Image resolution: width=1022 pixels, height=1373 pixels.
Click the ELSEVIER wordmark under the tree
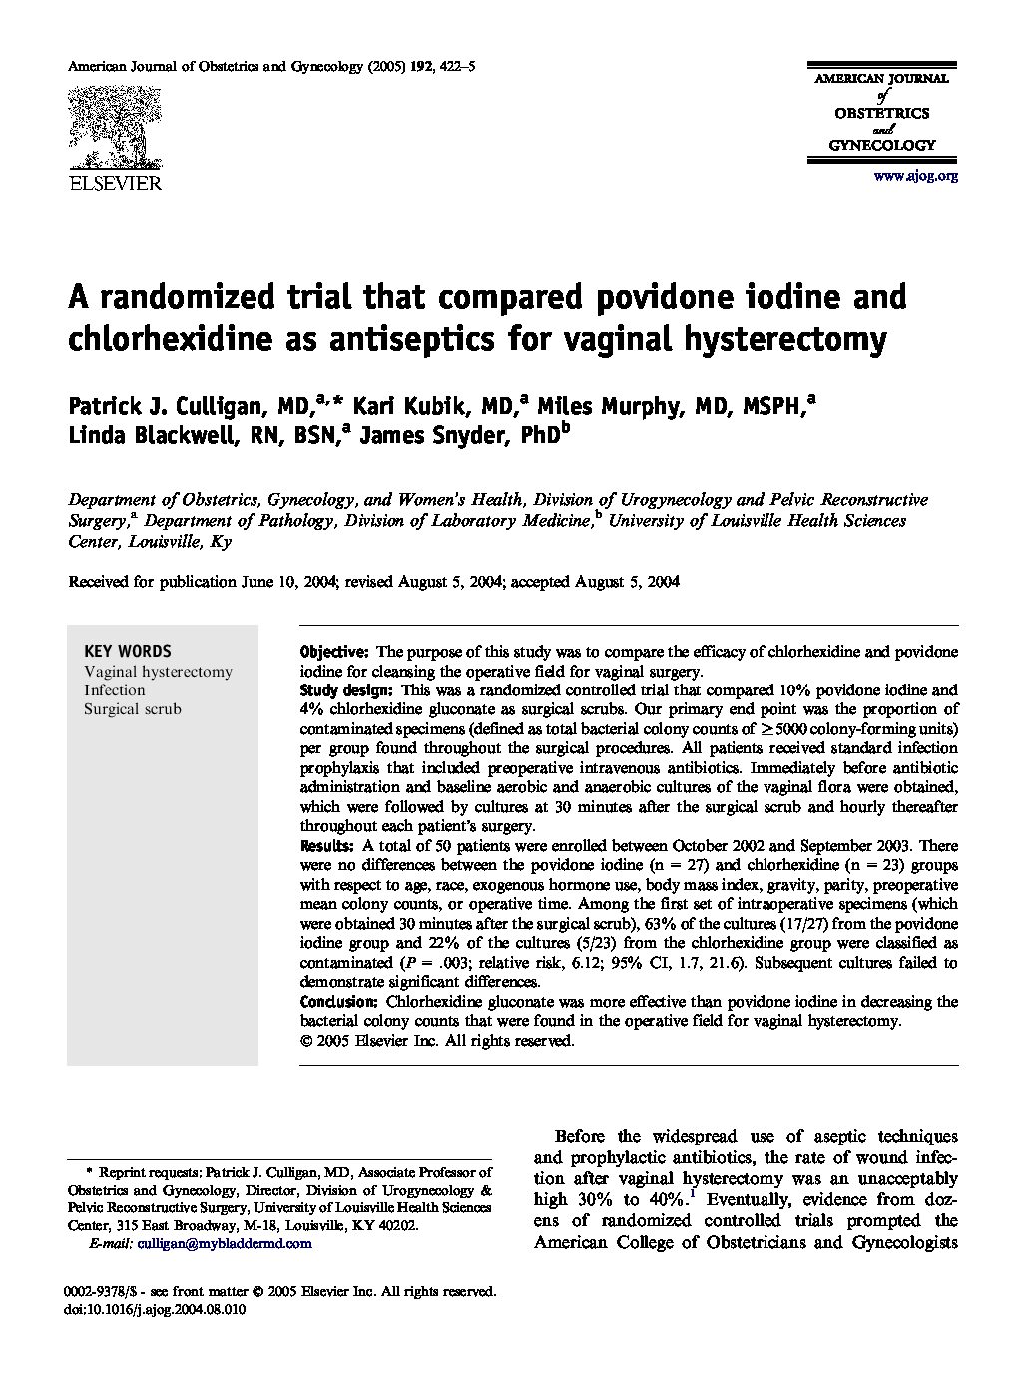pos(114,183)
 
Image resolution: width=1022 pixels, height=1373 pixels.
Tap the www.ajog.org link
pos(915,176)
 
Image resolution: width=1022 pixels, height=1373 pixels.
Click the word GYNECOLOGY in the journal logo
pos(883,145)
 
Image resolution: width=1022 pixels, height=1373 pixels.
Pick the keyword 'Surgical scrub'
pos(133,709)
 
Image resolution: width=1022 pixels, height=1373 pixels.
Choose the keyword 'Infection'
pos(115,690)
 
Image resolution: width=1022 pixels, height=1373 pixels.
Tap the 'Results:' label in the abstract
pos(326,846)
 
